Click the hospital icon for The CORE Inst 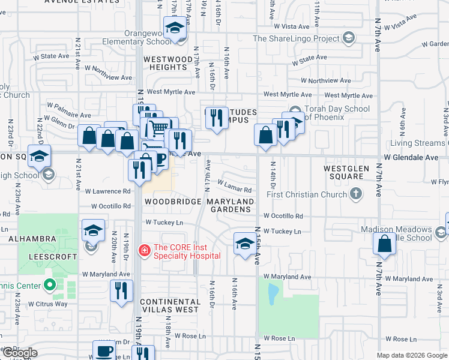click(x=144, y=250)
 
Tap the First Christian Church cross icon click(x=357, y=194)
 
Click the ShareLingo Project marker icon click(x=348, y=39)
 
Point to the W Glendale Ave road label click(x=412, y=157)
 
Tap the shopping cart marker click(x=158, y=127)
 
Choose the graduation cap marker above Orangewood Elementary click(x=175, y=29)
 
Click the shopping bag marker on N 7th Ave click(x=384, y=244)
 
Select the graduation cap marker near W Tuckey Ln click(x=244, y=244)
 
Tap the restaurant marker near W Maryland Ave click(x=122, y=290)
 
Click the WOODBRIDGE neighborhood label click(x=171, y=202)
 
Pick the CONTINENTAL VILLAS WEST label click(x=169, y=305)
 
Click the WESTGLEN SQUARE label click(x=351, y=173)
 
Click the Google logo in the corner click(x=20, y=353)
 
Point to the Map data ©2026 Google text click(x=412, y=355)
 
